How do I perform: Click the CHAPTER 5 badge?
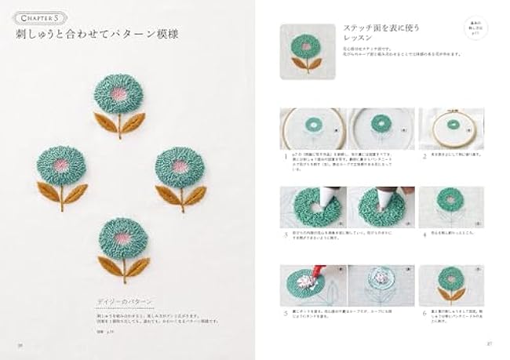36,17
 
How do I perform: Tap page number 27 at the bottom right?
488,343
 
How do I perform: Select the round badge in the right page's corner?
473,32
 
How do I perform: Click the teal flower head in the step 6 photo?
454,276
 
